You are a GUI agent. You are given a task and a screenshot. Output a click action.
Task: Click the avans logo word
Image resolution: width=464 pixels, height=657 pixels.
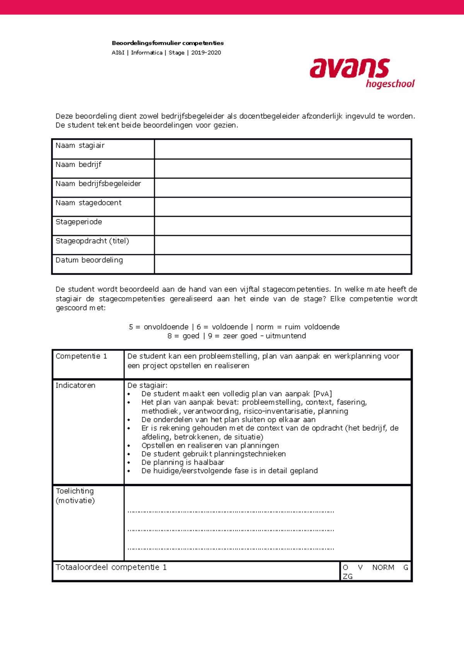tap(349, 69)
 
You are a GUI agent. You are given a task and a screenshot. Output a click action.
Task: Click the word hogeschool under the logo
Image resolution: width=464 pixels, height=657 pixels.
tap(390, 84)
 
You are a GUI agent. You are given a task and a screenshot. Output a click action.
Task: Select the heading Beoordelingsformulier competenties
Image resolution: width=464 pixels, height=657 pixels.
tap(167, 43)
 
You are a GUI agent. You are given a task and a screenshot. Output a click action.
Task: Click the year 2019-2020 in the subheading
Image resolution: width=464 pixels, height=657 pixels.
tap(206, 53)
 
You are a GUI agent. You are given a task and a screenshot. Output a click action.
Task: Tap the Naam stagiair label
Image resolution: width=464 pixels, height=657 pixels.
tap(80, 145)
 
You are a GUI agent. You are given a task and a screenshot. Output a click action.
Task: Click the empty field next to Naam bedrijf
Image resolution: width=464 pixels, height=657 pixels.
tap(282, 168)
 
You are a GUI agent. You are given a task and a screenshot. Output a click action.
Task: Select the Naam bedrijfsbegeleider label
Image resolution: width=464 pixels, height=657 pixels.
tap(98, 183)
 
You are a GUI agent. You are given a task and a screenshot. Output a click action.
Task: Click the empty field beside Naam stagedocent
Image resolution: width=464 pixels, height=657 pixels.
tap(282, 207)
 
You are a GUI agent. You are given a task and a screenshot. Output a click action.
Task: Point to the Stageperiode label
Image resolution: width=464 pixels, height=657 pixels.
tap(78, 222)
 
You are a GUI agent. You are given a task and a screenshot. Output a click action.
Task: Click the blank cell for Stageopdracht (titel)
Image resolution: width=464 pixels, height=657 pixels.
tap(282, 245)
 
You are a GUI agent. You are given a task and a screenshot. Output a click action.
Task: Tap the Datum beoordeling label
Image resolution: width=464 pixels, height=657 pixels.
tap(89, 260)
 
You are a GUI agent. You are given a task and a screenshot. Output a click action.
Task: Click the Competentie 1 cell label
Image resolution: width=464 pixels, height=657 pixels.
tap(81, 356)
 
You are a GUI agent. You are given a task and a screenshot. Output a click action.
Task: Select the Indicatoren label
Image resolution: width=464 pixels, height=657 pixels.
tap(75, 385)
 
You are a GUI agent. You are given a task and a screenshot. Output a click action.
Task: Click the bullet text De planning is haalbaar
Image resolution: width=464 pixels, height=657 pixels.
tap(183, 462)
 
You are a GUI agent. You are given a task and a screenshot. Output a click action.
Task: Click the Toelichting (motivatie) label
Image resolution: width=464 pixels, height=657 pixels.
tap(75, 496)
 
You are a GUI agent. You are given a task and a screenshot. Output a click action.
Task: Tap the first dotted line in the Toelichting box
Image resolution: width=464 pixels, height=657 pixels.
tap(230, 512)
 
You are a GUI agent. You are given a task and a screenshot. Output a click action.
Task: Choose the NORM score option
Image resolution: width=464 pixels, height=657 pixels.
tap(383, 568)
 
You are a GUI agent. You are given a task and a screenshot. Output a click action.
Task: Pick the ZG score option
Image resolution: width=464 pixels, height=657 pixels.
tap(347, 577)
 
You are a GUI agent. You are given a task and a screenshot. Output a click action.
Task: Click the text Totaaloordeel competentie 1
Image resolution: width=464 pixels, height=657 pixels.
tap(111, 567)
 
